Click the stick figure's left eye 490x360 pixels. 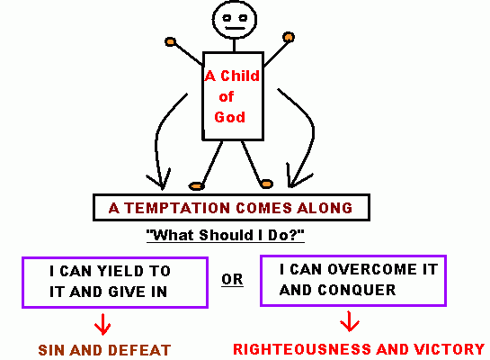point(227,18)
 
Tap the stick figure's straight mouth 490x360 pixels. point(236,29)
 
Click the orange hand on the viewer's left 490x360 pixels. point(170,41)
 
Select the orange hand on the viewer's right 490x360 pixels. point(289,37)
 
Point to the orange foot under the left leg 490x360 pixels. point(197,186)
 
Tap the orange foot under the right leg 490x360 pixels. point(266,184)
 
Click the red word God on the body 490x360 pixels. point(229,117)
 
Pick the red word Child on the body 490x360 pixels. point(240,76)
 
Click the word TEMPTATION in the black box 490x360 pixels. point(177,208)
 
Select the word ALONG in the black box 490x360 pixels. point(325,208)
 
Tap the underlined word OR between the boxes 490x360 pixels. point(232,279)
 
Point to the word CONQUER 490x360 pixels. point(357,291)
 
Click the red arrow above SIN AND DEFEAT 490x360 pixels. point(102,324)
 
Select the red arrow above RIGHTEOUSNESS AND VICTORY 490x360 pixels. point(349,321)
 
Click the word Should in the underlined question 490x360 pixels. point(226,235)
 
